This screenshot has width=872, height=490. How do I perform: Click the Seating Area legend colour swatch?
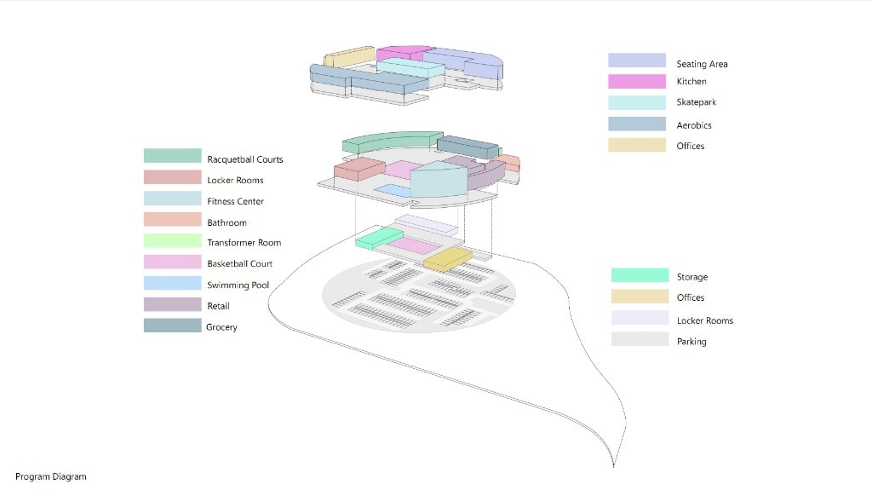(637, 61)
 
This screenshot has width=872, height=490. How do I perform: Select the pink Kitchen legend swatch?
(637, 81)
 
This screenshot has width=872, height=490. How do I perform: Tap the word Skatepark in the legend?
(697, 102)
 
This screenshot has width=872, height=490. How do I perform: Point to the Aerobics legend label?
(694, 125)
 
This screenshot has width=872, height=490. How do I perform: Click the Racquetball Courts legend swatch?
(172, 155)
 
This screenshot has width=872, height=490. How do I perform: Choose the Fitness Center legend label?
(235, 201)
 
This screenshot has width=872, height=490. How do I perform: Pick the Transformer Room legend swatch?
(172, 240)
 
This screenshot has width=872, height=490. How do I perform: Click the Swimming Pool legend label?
(238, 285)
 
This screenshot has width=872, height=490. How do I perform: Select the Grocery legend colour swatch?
(172, 326)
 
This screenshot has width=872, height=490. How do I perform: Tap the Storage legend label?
(692, 277)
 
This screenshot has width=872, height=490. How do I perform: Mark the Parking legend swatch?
(640, 339)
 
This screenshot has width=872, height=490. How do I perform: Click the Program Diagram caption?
(50, 476)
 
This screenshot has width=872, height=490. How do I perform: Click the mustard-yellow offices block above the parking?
(448, 259)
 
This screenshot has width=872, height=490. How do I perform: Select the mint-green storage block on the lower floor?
(379, 238)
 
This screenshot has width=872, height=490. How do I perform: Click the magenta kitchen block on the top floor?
(404, 53)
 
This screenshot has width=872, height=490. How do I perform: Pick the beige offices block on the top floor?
(349, 57)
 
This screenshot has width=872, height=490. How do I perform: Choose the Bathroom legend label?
(227, 222)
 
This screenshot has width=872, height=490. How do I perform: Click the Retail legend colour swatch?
(172, 304)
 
